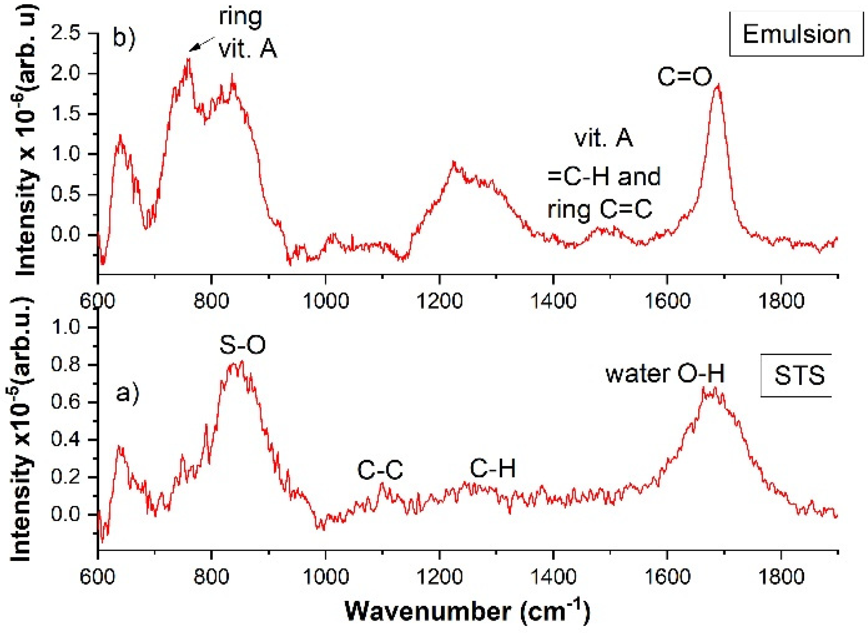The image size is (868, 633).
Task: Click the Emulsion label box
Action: coord(796,34)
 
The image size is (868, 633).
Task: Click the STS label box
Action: coord(799,375)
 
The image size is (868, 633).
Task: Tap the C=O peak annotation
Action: coord(684,77)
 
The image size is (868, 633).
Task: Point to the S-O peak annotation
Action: coord(242,345)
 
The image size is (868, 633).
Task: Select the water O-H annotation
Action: coord(665,373)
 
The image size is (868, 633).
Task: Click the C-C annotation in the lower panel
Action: coord(380,470)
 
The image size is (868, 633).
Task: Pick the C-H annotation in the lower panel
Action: coord(493,468)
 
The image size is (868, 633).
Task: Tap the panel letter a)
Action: coord(127,393)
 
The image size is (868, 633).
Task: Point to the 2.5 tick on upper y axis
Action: coord(65,33)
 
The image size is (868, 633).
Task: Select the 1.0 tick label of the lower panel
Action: coord(65,328)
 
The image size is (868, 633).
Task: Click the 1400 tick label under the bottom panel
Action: coord(553,576)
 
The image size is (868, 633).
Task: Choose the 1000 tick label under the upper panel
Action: coord(326,301)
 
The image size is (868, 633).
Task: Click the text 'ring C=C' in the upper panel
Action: coord(599,210)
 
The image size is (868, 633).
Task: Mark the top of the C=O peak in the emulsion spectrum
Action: coord(718,85)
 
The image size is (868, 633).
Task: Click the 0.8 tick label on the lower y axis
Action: coord(65,365)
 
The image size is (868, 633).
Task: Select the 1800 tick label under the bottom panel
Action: coord(781,576)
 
